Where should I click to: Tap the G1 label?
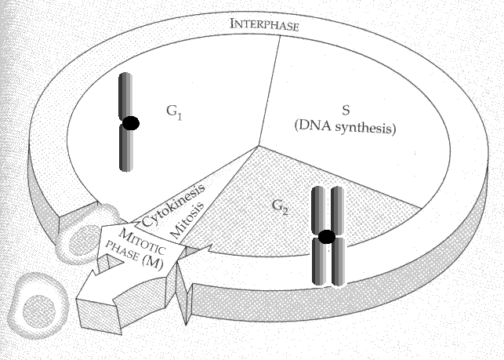point(174,111)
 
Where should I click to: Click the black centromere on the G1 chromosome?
point(130,123)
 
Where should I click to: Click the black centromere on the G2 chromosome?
point(327,237)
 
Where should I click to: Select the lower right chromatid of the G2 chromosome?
point(337,263)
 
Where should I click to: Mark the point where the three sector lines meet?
point(258,146)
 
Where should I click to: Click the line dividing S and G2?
point(337,176)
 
